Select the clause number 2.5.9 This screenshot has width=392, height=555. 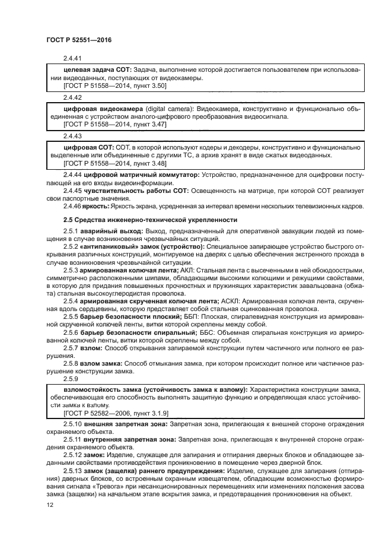click(x=70, y=379)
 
